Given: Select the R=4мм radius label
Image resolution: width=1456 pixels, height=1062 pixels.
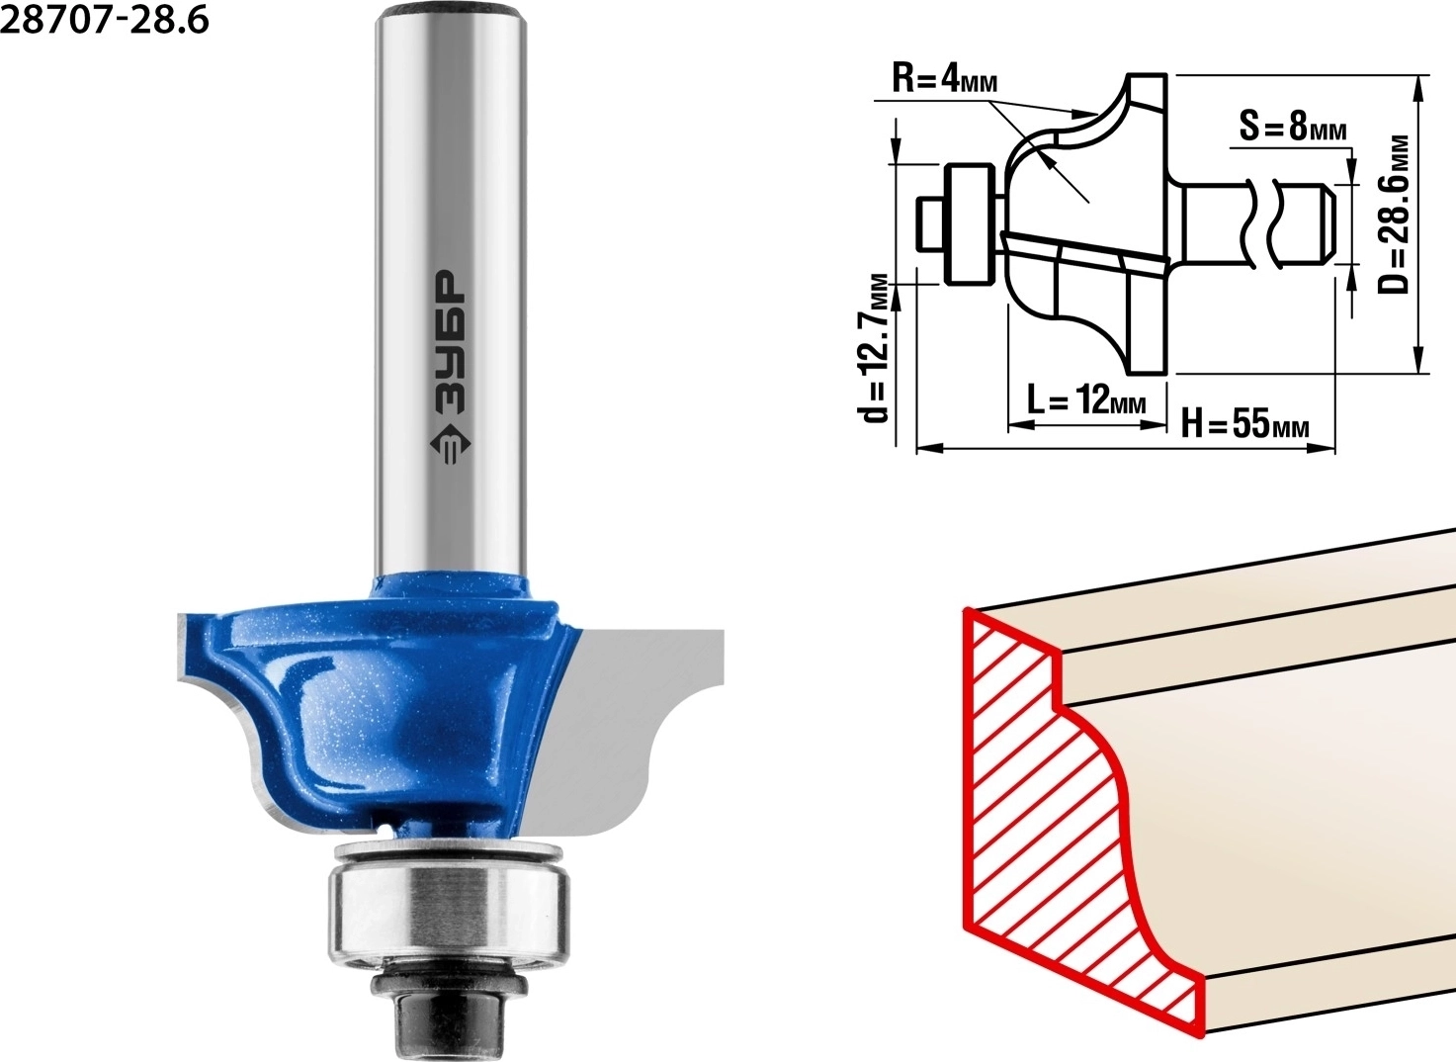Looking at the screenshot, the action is click(x=944, y=80).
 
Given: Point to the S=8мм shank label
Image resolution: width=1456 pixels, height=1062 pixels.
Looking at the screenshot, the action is click(x=1293, y=126).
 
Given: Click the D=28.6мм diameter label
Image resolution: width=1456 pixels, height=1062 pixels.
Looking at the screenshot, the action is click(x=1394, y=215).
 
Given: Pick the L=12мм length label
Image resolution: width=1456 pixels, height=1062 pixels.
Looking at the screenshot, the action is click(x=1086, y=398).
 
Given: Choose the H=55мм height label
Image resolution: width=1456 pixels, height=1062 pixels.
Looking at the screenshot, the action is click(x=1244, y=424).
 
